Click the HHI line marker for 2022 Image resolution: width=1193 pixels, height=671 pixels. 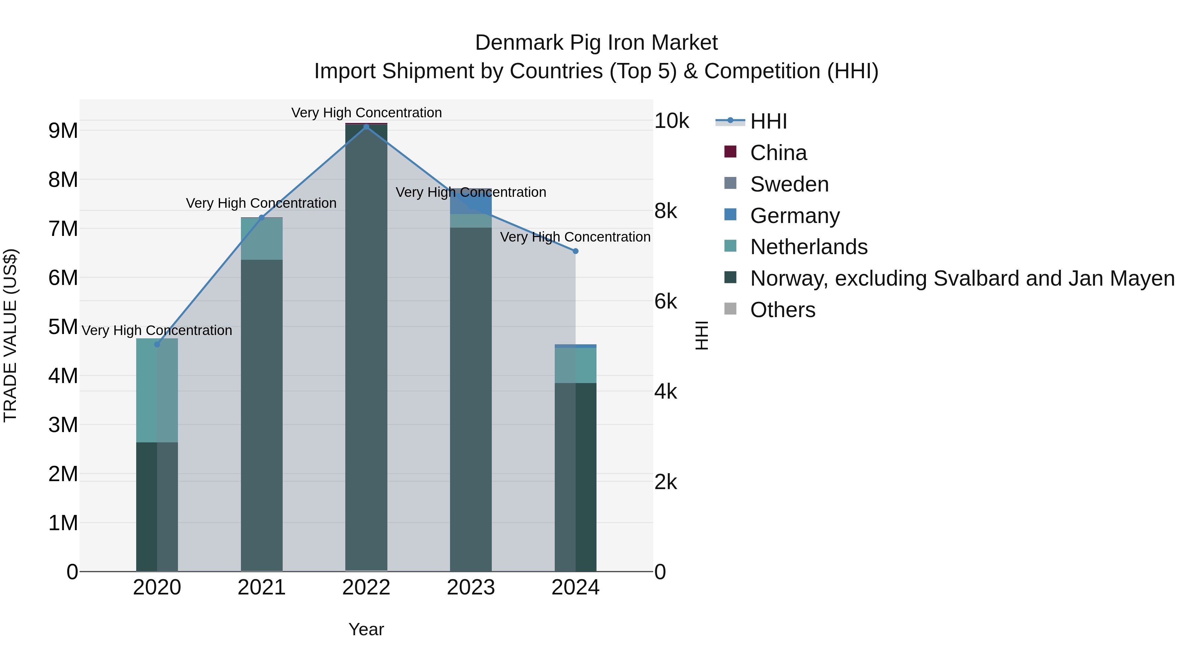point(366,127)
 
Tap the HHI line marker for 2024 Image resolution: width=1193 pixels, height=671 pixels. point(576,251)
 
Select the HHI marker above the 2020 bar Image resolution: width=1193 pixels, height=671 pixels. point(157,345)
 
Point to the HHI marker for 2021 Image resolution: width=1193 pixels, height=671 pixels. point(262,218)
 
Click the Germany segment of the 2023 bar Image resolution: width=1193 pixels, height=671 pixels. point(471,202)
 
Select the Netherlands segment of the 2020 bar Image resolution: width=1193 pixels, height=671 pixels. point(157,390)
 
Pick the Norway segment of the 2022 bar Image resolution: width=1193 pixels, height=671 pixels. point(366,347)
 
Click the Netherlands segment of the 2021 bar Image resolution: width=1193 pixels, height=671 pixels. point(262,239)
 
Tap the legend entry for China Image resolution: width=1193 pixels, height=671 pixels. point(778,153)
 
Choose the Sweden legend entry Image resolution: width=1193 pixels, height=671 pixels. point(789,184)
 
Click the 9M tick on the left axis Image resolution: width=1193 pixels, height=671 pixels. point(63,131)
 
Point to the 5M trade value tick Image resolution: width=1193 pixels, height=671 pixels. point(63,327)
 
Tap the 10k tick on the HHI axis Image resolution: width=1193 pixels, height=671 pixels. point(671,121)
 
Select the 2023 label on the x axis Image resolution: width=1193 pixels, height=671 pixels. point(471,587)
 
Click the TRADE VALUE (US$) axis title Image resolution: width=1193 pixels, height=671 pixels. point(10,335)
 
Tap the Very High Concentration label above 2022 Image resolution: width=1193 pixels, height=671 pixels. point(366,113)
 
